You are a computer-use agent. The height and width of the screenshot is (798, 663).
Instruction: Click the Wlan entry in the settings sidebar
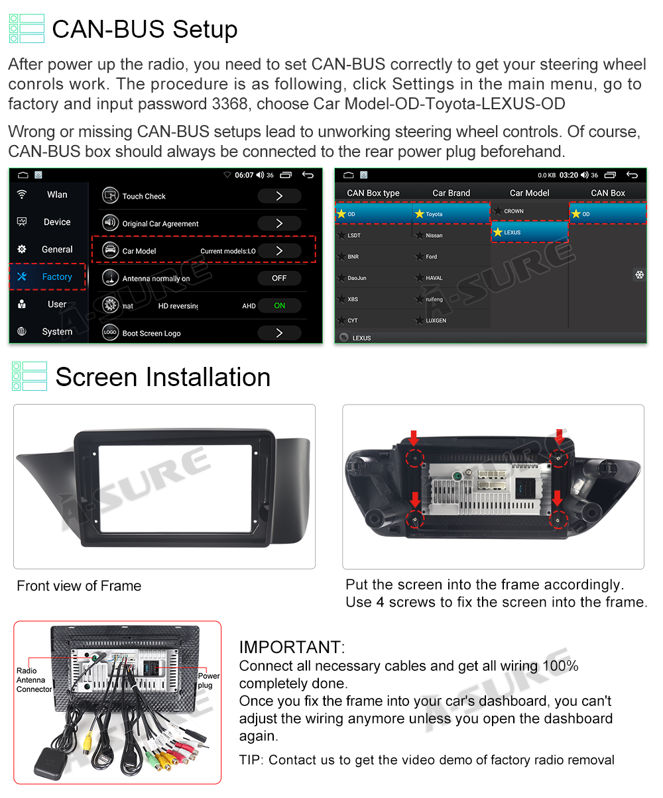(56, 195)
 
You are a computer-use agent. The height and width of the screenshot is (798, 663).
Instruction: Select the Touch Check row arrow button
(279, 196)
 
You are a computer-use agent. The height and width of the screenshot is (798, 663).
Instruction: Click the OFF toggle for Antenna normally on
(279, 278)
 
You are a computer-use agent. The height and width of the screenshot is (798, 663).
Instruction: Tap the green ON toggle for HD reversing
(279, 305)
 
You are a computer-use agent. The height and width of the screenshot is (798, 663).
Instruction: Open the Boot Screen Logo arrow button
(279, 333)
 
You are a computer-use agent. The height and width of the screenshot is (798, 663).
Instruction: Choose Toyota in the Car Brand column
(451, 214)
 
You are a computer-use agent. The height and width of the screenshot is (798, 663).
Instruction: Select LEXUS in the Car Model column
(529, 232)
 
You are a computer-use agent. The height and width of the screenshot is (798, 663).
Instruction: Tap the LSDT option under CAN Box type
(354, 235)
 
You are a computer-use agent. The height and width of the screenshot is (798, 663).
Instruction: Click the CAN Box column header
(608, 193)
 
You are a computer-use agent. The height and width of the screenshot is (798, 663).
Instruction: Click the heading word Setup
(205, 29)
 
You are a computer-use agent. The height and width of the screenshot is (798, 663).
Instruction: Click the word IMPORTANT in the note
(290, 647)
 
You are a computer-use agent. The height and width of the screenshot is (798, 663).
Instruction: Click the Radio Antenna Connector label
(34, 680)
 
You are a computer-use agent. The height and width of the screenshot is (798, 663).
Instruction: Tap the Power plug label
(208, 681)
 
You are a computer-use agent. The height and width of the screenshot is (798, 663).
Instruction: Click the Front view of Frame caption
(79, 586)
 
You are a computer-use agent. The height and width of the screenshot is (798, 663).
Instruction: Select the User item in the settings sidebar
(56, 305)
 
